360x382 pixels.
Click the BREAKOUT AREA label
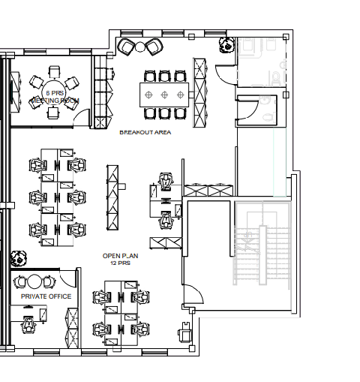(x=145, y=133)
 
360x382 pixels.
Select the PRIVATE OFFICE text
(x=46, y=296)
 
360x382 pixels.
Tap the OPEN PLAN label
(x=120, y=256)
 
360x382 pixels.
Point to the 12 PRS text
(x=120, y=263)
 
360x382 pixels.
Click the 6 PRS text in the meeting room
(x=53, y=92)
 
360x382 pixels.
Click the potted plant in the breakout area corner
(x=225, y=46)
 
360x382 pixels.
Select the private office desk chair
(x=29, y=325)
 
